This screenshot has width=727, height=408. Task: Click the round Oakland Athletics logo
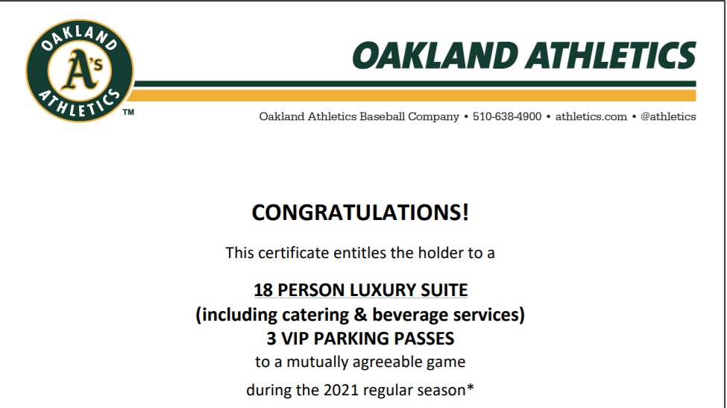(x=80, y=70)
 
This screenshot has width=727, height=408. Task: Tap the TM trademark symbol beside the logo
(x=128, y=112)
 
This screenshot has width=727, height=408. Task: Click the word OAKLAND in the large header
(x=435, y=56)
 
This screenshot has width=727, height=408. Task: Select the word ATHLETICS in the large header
(x=611, y=56)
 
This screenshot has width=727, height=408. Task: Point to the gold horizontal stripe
(x=412, y=95)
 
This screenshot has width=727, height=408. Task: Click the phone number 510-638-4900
(x=507, y=116)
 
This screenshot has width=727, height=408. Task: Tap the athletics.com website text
(x=591, y=116)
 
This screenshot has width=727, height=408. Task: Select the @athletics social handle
(x=668, y=116)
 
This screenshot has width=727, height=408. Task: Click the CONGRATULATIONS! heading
(x=360, y=213)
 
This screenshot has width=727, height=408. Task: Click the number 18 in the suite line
(x=263, y=290)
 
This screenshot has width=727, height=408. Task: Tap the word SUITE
(x=444, y=290)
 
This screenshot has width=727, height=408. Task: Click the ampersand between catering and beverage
(x=360, y=315)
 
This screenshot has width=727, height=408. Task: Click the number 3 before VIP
(x=271, y=339)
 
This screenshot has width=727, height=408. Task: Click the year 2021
(x=341, y=390)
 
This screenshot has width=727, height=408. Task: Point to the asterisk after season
(x=470, y=387)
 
